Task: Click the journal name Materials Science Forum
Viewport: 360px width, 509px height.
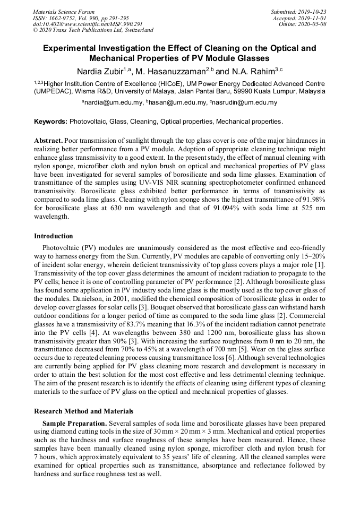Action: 64,11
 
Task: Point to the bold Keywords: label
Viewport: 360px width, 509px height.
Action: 50,122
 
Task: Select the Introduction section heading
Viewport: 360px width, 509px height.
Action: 54,236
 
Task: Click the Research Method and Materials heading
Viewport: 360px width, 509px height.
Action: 83,411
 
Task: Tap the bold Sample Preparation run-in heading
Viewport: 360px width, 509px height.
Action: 74,424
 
